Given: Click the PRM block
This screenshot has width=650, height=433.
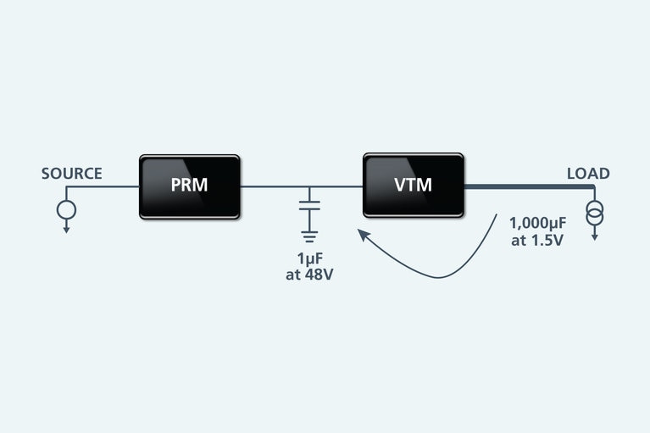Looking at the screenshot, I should (x=189, y=186).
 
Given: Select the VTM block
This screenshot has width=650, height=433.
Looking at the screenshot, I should (x=413, y=185).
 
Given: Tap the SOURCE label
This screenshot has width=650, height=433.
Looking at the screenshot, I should (x=72, y=174).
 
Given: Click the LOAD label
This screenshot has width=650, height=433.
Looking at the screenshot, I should (x=588, y=174).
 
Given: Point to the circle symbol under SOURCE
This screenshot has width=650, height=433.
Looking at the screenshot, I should (x=66, y=208).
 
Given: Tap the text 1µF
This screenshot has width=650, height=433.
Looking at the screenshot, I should (x=309, y=259).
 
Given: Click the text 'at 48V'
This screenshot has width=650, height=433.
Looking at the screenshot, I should (x=309, y=275).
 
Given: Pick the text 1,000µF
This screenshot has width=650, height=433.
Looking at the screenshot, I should (x=536, y=224).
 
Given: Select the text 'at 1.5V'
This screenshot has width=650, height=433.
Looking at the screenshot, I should (x=536, y=240).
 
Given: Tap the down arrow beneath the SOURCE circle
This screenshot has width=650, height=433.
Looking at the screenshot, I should (x=66, y=227).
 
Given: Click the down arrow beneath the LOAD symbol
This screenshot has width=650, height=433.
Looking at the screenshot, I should (x=594, y=235).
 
